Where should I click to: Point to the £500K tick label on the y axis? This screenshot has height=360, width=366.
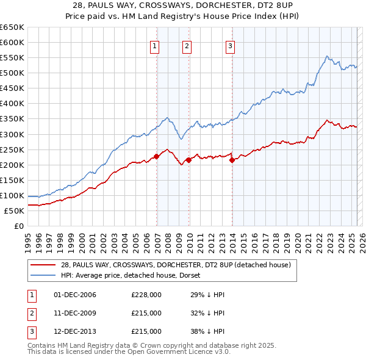[12, 73]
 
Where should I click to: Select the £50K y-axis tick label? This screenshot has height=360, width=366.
[15, 211]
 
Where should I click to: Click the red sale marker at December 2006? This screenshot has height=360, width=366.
[157, 156]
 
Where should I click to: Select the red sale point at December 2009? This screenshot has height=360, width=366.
[189, 160]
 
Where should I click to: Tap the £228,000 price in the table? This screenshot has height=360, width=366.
[146, 295]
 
